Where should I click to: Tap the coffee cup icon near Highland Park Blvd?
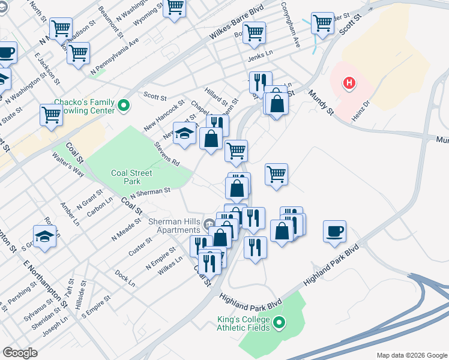point(334,231)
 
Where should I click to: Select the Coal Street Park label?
point(131,177)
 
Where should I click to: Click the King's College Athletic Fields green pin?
point(279,324)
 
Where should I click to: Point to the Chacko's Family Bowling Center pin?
point(124,106)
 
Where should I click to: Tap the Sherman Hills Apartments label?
point(175,226)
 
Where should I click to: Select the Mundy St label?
point(321,102)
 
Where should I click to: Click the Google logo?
point(20,353)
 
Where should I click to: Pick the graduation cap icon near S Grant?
point(44,236)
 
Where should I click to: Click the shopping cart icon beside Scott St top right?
point(322,23)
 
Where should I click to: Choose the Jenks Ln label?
point(261,58)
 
